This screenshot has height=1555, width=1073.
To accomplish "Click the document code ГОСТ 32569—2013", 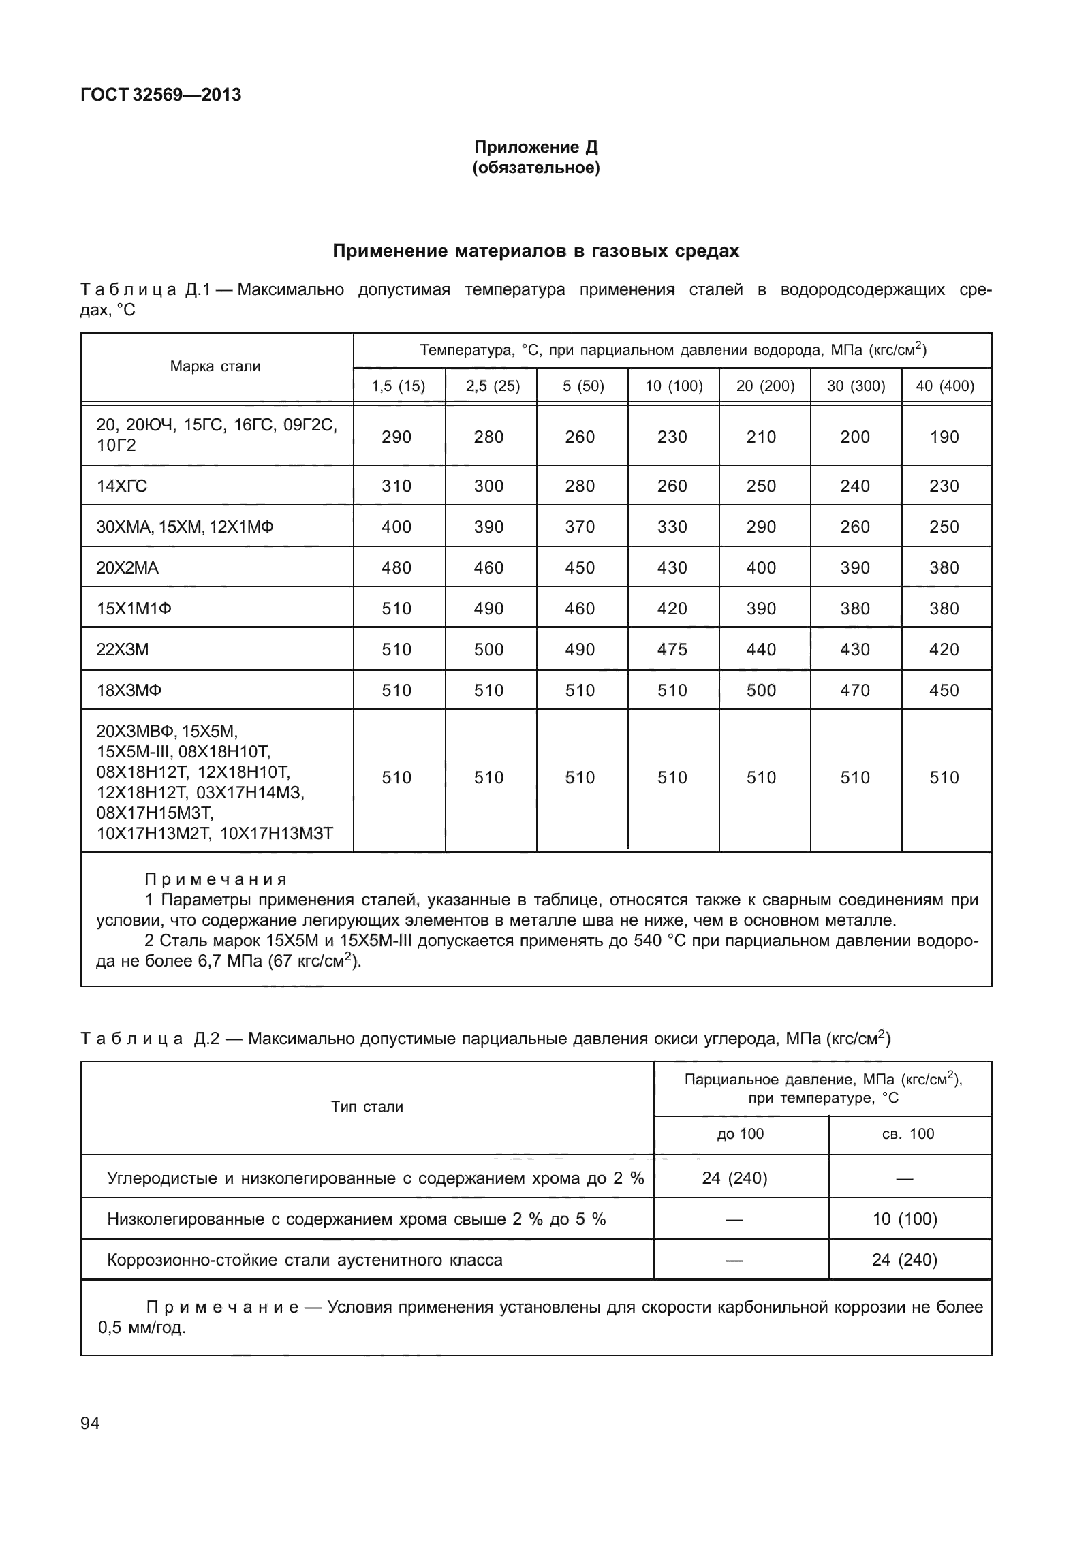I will point(161,95).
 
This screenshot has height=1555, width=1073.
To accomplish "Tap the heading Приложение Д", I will point(535,147).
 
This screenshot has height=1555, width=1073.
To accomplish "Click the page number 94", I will point(90,1423).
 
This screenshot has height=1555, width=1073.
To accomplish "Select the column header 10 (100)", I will point(673,387).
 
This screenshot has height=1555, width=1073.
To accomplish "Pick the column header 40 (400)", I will point(945,387).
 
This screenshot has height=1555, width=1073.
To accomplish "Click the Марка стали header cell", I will point(215,366).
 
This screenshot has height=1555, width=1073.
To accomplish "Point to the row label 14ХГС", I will point(122,486).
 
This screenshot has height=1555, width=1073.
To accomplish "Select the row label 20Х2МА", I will point(127,568).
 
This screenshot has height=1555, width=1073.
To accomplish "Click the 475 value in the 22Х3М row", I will point(672,650).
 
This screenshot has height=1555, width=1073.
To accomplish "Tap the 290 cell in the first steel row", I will point(396,437).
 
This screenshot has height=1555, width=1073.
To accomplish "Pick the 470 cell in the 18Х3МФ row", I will point(855,691).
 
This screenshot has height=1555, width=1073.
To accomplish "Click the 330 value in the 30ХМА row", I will point(672,527).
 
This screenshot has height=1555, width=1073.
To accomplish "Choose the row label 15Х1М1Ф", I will point(134,609).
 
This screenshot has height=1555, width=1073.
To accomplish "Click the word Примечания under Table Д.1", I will point(217,879).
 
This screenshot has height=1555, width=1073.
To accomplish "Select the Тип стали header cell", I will point(367,1107).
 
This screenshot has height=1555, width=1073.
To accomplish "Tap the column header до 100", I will point(741,1134).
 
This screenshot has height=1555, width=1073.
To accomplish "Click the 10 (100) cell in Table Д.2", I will point(905,1219).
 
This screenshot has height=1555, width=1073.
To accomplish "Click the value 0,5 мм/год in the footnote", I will point(142,1328).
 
